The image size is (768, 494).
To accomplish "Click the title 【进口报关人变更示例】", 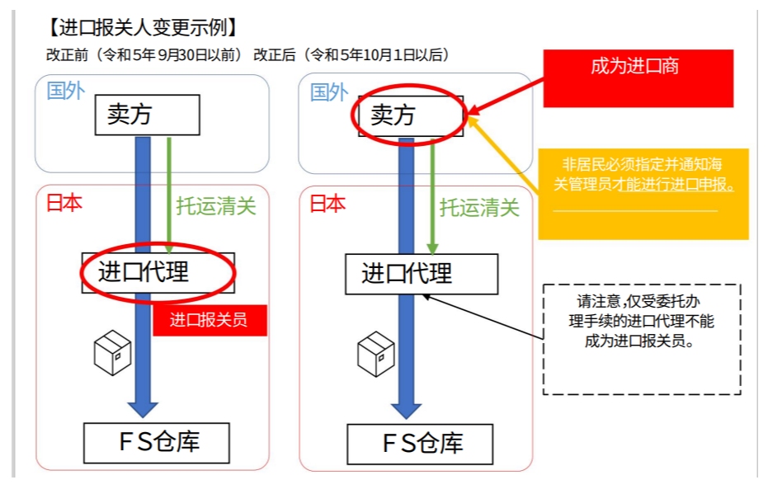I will click(143, 28).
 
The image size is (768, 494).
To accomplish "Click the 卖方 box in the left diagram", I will click(147, 115).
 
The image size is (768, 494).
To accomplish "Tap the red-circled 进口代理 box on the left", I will click(158, 272).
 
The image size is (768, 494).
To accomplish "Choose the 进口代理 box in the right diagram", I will click(421, 274).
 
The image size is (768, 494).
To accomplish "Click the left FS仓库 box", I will click(157, 443).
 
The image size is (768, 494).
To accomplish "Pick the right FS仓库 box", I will click(420, 444).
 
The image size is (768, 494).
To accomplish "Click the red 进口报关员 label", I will click(210, 320).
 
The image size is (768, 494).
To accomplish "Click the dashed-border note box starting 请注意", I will click(641, 339).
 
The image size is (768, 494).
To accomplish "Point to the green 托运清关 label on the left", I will click(216, 206).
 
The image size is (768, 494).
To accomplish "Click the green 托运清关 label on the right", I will click(479, 208).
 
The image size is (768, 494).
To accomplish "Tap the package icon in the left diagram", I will click(112, 353).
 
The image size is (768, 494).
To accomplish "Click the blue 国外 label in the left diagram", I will click(65, 91).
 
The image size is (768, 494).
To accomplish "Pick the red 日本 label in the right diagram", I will click(327, 204).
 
